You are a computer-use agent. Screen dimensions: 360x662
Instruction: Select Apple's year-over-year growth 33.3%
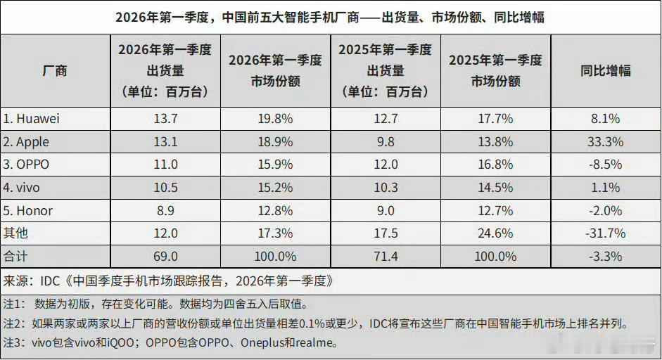pyautogui.click(x=605, y=142)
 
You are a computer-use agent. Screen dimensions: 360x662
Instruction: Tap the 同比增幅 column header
pyautogui.click(x=605, y=70)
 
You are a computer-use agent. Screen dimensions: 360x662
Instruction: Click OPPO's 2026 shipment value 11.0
pyautogui.click(x=165, y=165)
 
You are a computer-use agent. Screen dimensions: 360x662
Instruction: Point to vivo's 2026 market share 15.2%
pyautogui.click(x=275, y=188)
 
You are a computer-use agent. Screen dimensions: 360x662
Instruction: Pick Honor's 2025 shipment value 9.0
pyautogui.click(x=385, y=210)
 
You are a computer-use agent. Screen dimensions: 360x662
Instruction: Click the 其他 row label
pyautogui.click(x=16, y=233)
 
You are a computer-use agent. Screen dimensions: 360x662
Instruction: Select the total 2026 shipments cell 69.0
pyautogui.click(x=165, y=256)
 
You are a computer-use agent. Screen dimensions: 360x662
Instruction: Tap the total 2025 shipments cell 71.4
pyautogui.click(x=385, y=256)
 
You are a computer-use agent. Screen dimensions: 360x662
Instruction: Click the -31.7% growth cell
pyautogui.click(x=605, y=233)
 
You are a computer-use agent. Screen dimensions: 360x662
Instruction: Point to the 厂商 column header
pyautogui.click(x=55, y=70)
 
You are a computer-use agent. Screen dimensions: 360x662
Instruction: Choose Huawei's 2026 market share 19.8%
pyautogui.click(x=275, y=119)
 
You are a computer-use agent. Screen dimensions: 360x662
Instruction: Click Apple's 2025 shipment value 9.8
pyautogui.click(x=385, y=142)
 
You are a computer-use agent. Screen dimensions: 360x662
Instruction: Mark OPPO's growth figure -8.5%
pyautogui.click(x=605, y=165)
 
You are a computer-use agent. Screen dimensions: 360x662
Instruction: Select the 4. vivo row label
pyautogui.click(x=25, y=188)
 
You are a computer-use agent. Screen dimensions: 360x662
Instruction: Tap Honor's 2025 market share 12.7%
pyautogui.click(x=495, y=210)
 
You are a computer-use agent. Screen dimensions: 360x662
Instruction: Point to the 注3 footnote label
pyautogui.click(x=14, y=344)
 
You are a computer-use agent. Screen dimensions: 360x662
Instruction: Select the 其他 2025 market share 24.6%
pyautogui.click(x=495, y=233)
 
